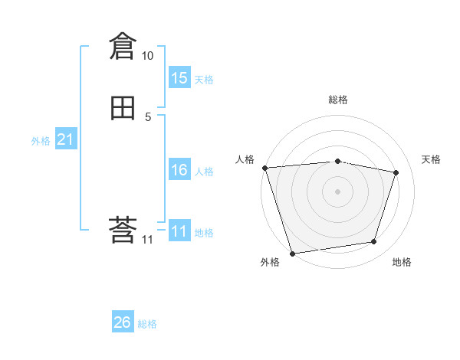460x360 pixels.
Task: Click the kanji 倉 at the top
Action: [x=123, y=47]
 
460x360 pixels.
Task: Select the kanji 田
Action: [x=123, y=108]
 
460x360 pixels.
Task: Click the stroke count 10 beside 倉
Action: [x=148, y=56]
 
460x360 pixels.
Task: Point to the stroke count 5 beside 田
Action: [x=148, y=116]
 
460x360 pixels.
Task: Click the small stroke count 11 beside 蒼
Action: [x=148, y=240]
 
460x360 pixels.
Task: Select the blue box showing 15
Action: [x=179, y=78]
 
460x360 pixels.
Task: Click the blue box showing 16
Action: [x=179, y=170]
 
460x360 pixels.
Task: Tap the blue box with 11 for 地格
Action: [x=179, y=231]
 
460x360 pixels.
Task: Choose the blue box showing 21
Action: [x=65, y=139]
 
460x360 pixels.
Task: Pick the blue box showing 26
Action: [x=122, y=322]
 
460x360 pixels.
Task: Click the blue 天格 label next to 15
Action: [x=204, y=80]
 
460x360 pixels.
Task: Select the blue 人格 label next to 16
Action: [x=204, y=172]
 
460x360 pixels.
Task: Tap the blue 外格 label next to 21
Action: [x=41, y=141]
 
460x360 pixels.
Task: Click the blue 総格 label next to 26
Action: [x=147, y=324]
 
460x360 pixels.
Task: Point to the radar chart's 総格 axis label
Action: [x=338, y=100]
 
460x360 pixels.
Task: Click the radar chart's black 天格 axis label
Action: [x=432, y=159]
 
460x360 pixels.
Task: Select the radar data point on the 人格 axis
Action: [x=264, y=168]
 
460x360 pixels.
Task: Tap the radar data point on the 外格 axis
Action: [x=292, y=253]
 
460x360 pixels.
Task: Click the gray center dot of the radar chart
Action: [x=337, y=191]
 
